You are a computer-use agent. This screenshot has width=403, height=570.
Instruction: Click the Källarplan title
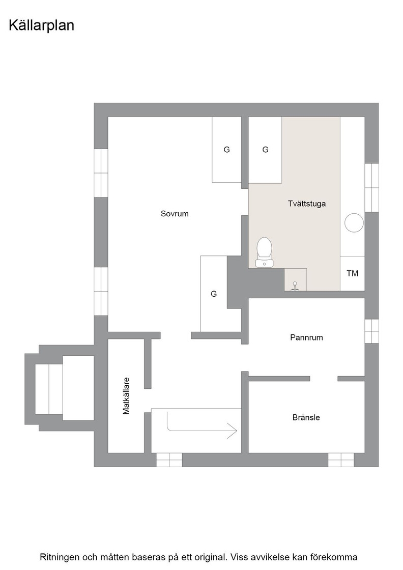(x=41, y=26)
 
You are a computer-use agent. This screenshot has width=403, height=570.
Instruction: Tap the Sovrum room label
(x=175, y=214)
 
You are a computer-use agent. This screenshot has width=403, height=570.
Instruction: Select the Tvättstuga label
(x=307, y=204)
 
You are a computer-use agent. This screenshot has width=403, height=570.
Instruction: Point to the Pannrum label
(x=306, y=337)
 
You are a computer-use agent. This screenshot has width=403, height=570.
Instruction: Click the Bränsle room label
(x=306, y=417)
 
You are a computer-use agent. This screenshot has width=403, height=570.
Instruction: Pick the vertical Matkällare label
(x=126, y=396)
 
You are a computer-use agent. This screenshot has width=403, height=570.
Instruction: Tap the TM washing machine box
(x=352, y=273)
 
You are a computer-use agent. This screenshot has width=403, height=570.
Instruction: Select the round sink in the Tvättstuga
(x=354, y=222)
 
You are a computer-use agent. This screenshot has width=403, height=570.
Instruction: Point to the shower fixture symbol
(x=296, y=287)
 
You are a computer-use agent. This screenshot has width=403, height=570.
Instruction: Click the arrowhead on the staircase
(x=232, y=431)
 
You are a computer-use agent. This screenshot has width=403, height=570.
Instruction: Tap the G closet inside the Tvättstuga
(x=265, y=150)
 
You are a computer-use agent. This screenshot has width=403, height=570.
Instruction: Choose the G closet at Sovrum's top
(x=227, y=150)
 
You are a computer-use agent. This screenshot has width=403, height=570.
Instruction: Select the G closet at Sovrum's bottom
(x=214, y=294)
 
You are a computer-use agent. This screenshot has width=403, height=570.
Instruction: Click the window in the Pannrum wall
(x=371, y=331)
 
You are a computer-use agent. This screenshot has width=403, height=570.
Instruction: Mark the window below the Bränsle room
(x=341, y=460)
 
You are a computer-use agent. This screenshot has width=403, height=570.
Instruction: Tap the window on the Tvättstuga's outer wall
(x=371, y=188)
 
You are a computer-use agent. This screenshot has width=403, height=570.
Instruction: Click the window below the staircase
(x=169, y=460)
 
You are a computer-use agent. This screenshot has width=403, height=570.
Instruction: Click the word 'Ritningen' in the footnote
(x=60, y=557)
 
